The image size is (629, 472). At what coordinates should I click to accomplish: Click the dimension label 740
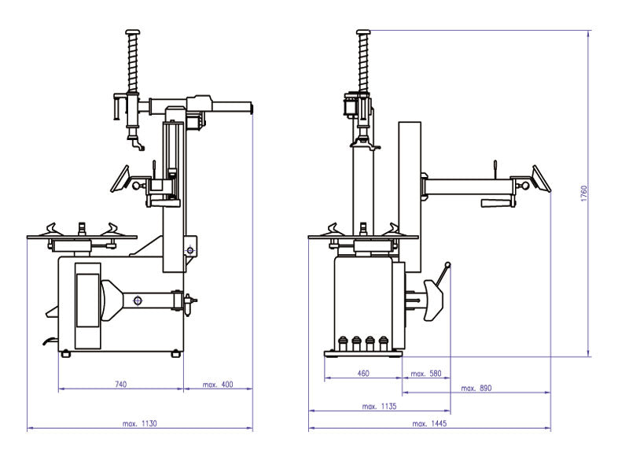click(x=120, y=384)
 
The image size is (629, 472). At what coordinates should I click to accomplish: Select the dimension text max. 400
click(x=218, y=384)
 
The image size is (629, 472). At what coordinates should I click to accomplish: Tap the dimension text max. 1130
click(x=140, y=423)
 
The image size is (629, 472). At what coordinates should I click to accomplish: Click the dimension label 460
click(x=363, y=373)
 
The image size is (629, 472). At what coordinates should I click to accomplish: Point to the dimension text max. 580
click(x=426, y=373)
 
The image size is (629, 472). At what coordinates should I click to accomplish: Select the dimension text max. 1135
click(x=379, y=407)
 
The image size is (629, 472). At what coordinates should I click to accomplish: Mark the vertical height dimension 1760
click(x=583, y=194)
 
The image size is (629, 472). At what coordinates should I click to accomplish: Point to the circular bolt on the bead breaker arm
click(x=138, y=300)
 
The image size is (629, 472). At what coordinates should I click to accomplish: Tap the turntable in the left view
click(x=81, y=235)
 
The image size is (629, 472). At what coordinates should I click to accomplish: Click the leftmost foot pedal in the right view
click(x=342, y=343)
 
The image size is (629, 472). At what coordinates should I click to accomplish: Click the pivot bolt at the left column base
click(x=189, y=250)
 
